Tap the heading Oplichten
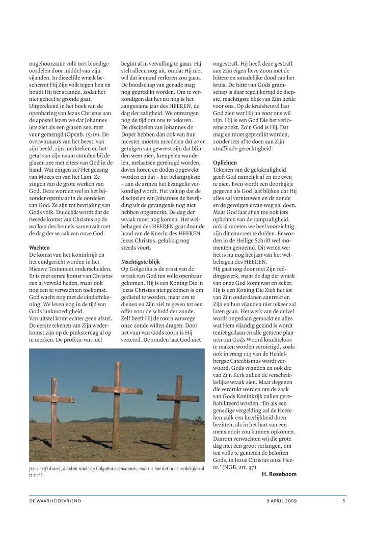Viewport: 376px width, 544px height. point(225,162)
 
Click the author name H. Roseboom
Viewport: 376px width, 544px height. point(279,474)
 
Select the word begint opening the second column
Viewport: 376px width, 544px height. point(129,64)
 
